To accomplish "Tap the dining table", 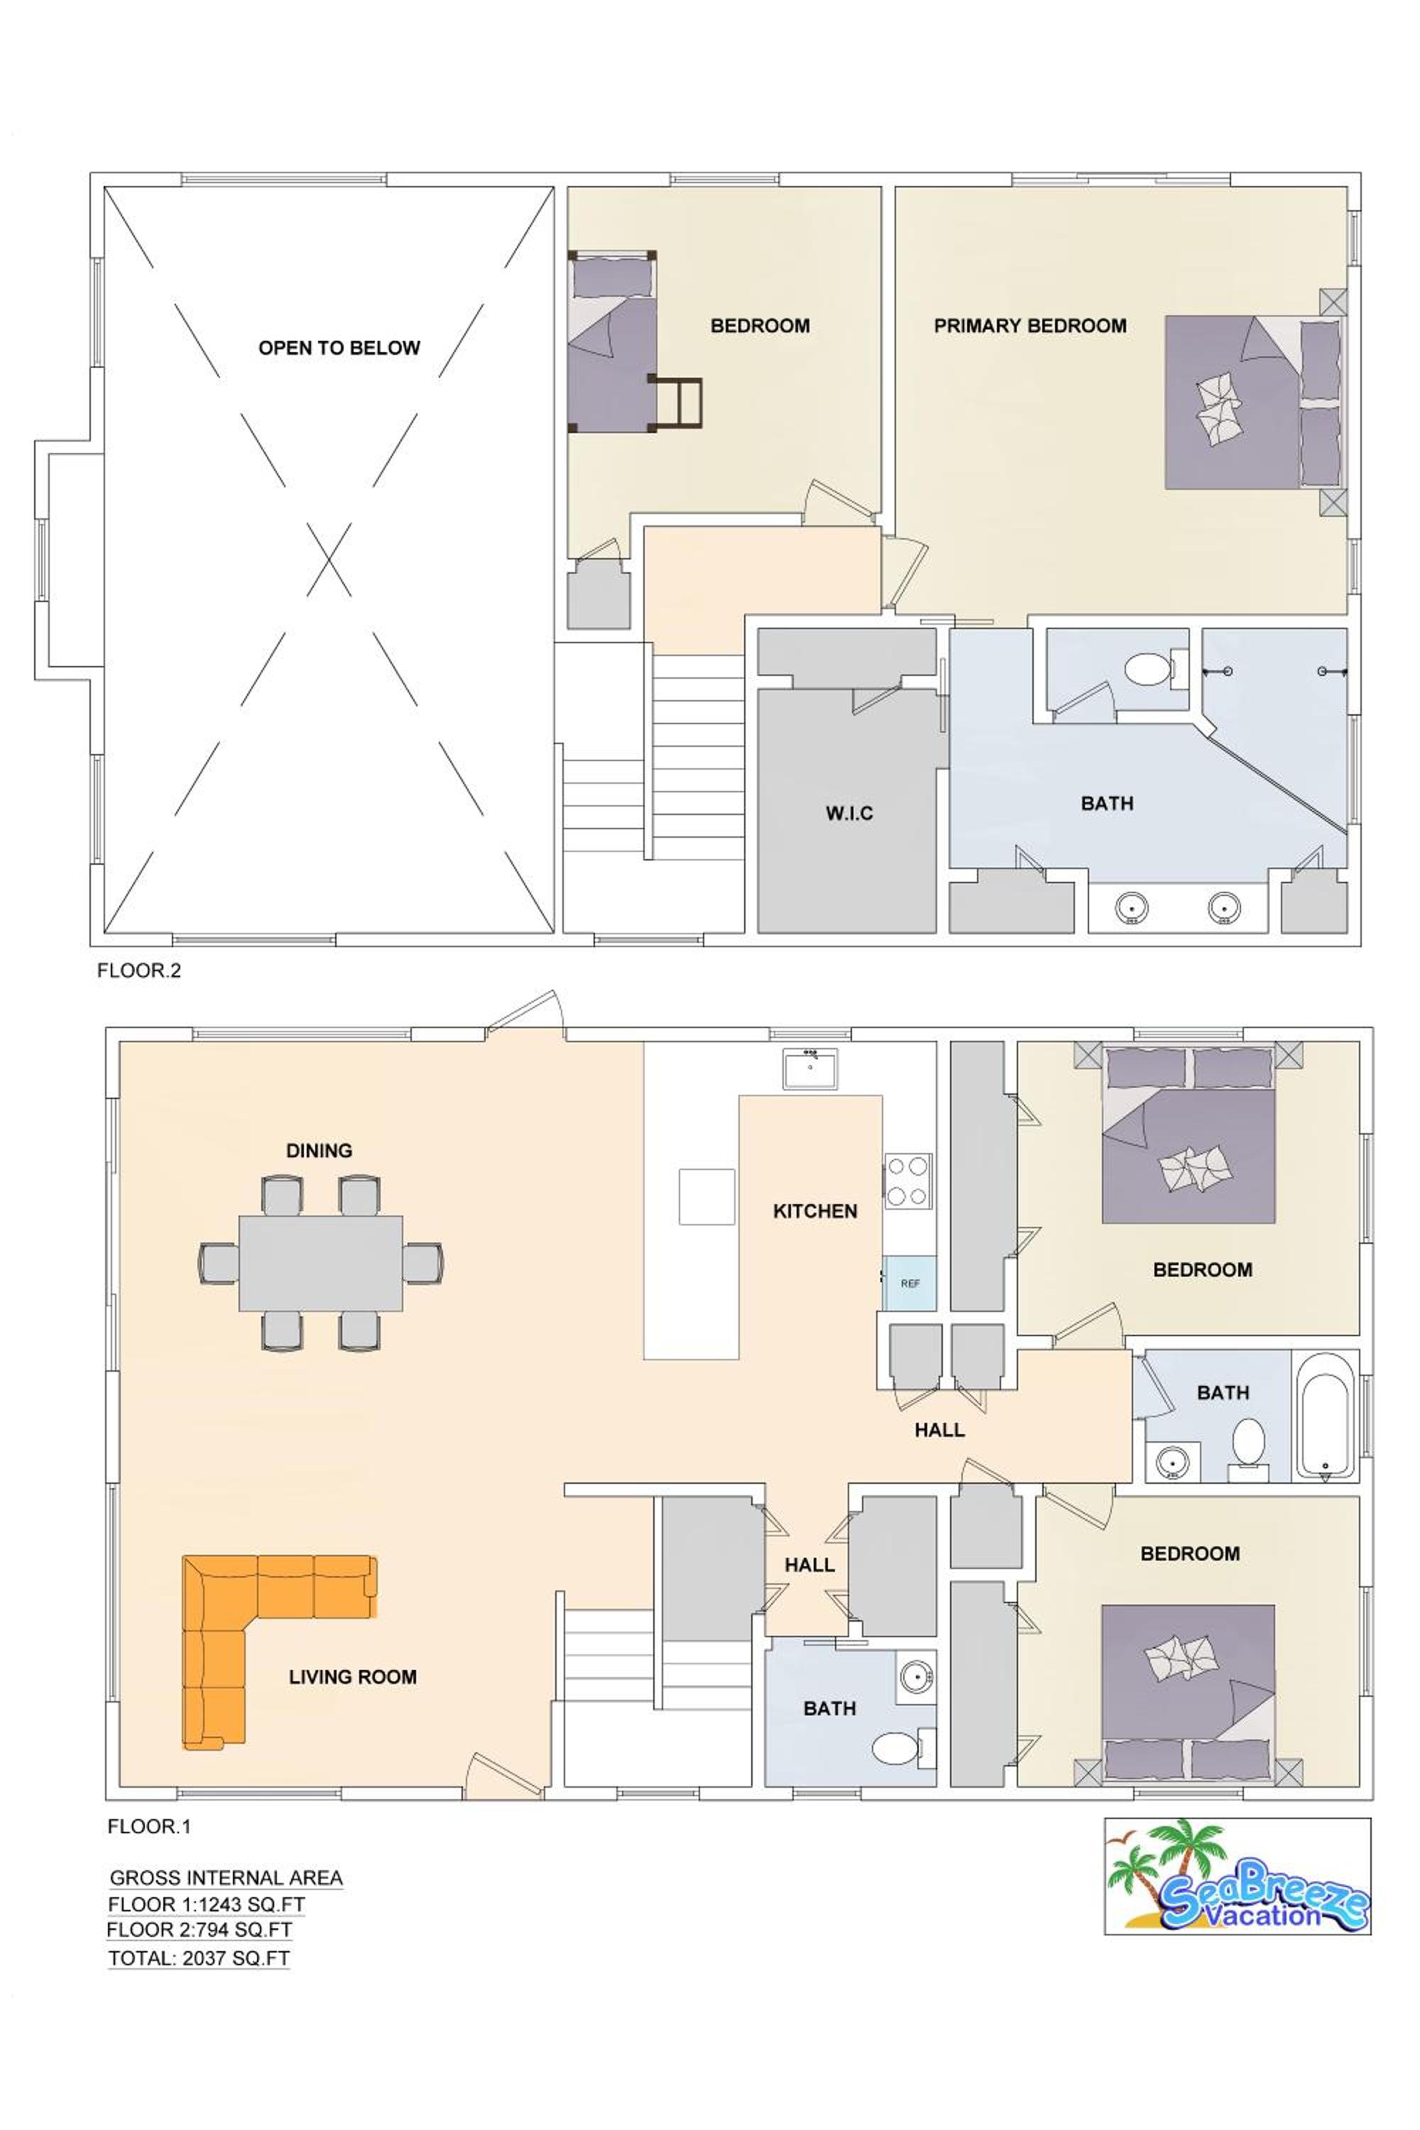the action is (x=321, y=1263).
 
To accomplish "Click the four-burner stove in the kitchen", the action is (x=908, y=1181).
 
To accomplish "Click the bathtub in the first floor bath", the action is (x=1325, y=1416).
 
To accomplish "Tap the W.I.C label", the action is (x=849, y=812).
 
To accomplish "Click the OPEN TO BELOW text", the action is (x=339, y=348).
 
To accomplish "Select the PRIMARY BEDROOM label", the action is (x=1031, y=325).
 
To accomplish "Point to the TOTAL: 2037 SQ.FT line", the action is (x=200, y=1959).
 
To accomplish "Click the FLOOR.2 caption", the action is (x=139, y=970).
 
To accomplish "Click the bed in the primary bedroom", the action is (x=1252, y=402).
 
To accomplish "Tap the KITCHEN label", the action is (x=815, y=1211).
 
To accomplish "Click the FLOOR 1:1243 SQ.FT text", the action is (x=207, y=1904).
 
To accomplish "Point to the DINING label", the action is (x=319, y=1150).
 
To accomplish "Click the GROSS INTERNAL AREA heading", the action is (x=226, y=1878).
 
